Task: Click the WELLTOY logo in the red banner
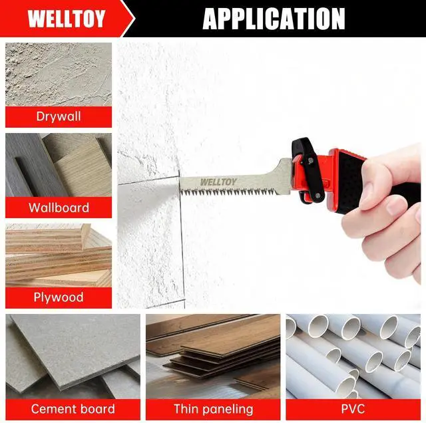(x=67, y=19)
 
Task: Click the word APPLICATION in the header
(x=274, y=19)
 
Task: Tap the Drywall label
(x=59, y=116)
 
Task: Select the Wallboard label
(x=59, y=208)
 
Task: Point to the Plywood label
(x=59, y=297)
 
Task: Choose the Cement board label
(x=73, y=409)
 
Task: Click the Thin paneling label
(x=213, y=409)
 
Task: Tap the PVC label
(x=353, y=409)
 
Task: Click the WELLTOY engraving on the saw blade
(x=218, y=182)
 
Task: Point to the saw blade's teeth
(x=229, y=192)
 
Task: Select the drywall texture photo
(x=59, y=74)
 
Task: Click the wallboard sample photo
(x=59, y=165)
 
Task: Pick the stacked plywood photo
(x=59, y=255)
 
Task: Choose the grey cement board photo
(x=73, y=356)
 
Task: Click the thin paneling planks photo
(x=213, y=356)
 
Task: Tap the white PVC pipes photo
(x=353, y=356)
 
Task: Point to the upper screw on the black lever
(x=311, y=161)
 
